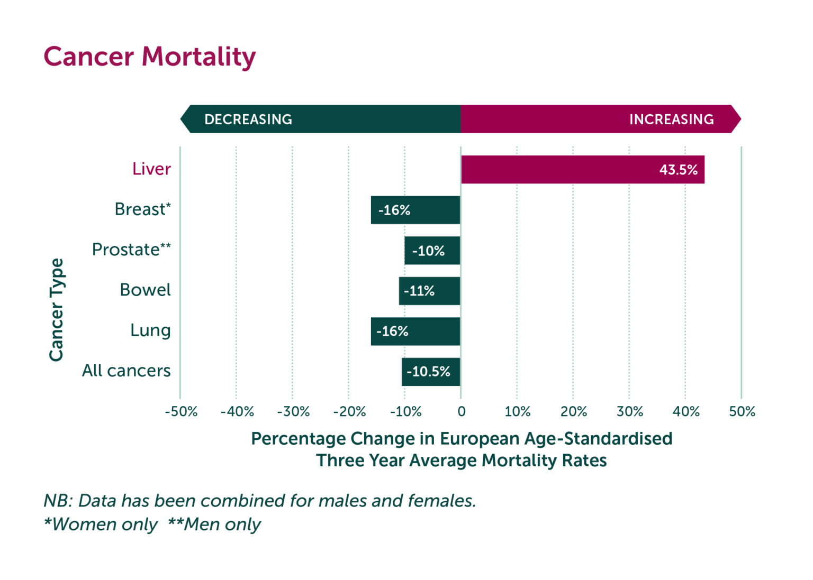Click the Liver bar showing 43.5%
[x=582, y=170]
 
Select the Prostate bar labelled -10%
[x=432, y=251]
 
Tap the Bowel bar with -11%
[x=429, y=291]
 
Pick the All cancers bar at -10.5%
[x=431, y=372]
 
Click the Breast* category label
[x=142, y=209]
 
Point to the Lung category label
[x=150, y=330]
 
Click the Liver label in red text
[x=151, y=169]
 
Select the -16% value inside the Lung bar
[x=392, y=332]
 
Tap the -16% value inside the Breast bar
[x=394, y=210]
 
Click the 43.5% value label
[x=678, y=170]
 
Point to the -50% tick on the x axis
[x=181, y=412]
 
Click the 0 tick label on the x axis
[x=462, y=412]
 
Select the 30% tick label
[x=630, y=412]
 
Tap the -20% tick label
[x=349, y=412]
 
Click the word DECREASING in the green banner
[x=248, y=119]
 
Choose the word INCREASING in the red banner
[x=671, y=119]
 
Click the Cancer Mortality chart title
[x=150, y=57]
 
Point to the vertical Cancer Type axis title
[x=56, y=310]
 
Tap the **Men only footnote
[x=214, y=524]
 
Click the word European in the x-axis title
[x=480, y=439]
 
